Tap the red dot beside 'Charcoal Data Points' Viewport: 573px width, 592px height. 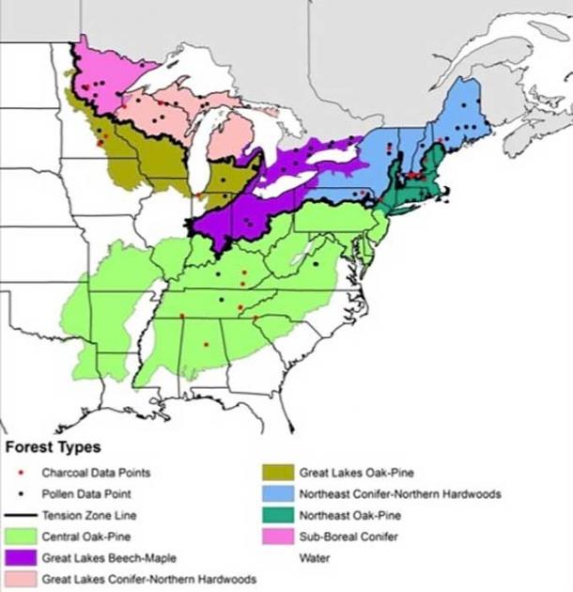pyautogui.click(x=21, y=473)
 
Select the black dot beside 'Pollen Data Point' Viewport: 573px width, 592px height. pyautogui.click(x=21, y=493)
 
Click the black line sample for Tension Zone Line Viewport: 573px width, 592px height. pyautogui.click(x=21, y=515)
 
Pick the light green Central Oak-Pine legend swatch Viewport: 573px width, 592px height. pyautogui.click(x=21, y=537)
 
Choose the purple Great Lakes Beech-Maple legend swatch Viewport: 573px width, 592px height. pyautogui.click(x=21, y=558)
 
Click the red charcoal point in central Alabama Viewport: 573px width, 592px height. pyautogui.click(x=206, y=345)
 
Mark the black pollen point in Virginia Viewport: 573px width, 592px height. pyautogui.click(x=316, y=264)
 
